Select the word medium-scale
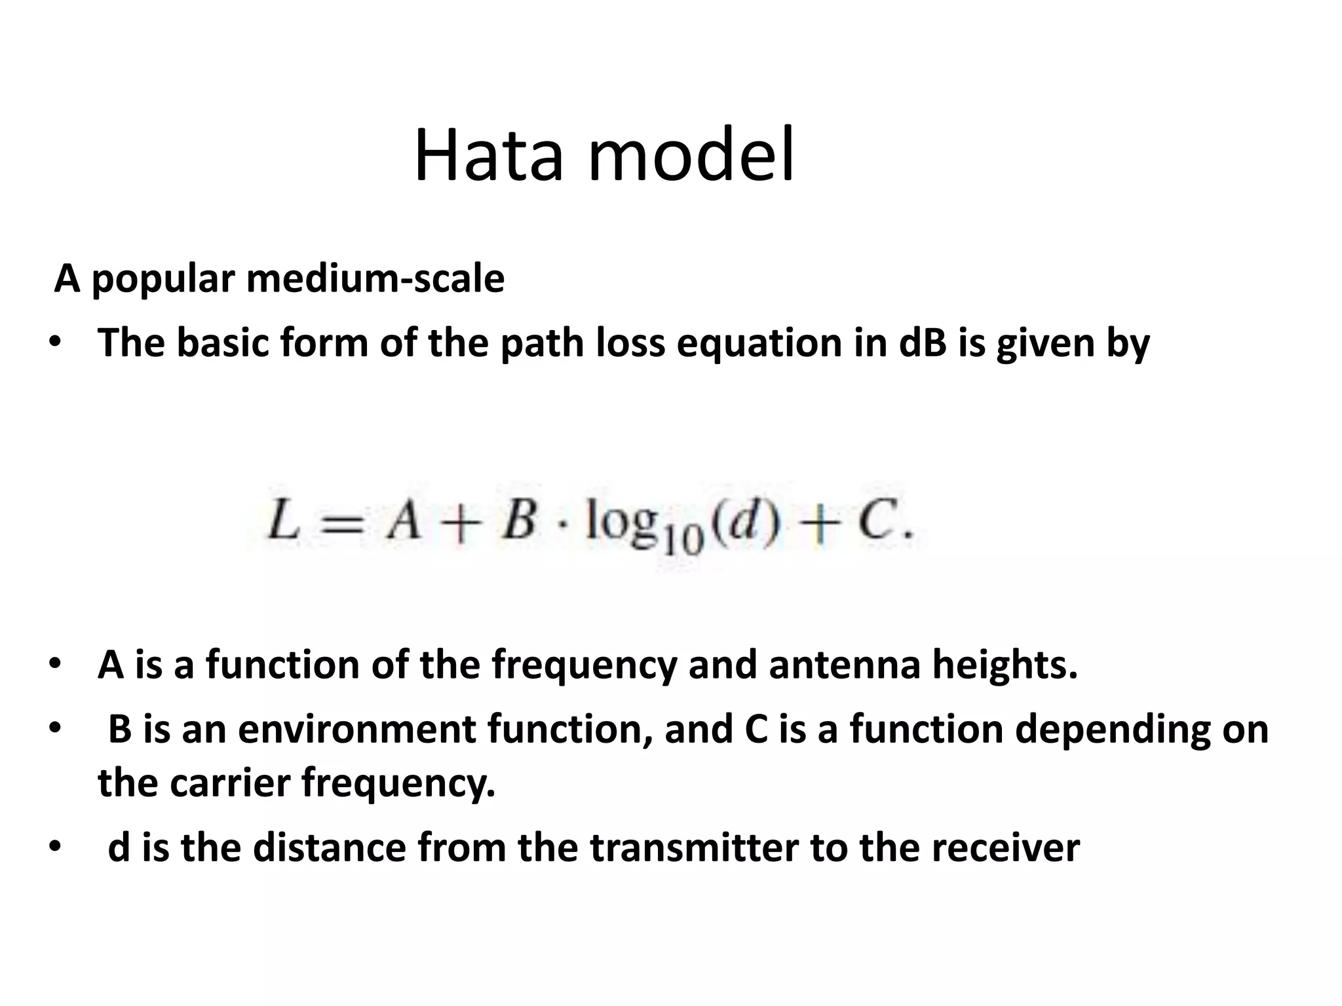[375, 279]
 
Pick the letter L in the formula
[283, 525]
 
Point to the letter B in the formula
[519, 525]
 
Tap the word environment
[356, 730]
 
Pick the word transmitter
[694, 848]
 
